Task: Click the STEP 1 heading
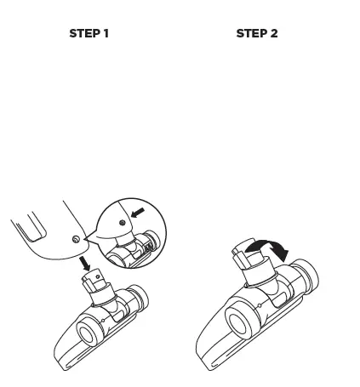tap(89, 34)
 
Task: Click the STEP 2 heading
tap(256, 34)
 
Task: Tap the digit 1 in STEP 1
tap(106, 34)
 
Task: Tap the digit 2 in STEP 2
tap(274, 34)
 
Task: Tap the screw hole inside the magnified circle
tap(123, 220)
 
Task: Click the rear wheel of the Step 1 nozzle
tap(141, 298)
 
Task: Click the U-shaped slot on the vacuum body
tap(30, 228)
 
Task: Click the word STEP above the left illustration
tap(83, 34)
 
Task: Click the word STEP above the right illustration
tap(250, 34)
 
